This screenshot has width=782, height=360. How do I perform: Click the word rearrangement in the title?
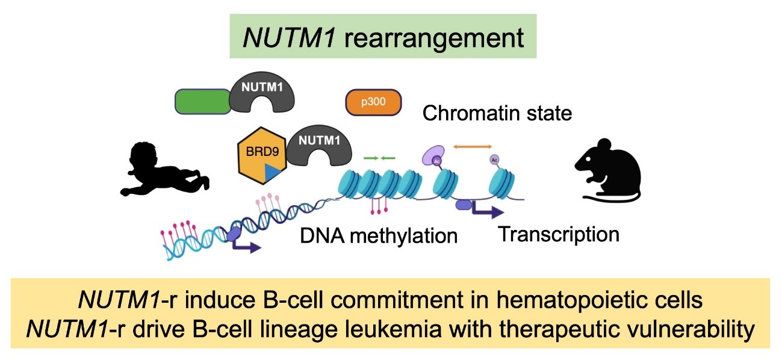point(435,39)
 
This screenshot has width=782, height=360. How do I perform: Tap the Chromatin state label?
point(497,113)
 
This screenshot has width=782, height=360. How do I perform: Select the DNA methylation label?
point(379,235)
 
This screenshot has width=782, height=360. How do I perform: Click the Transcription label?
point(558,234)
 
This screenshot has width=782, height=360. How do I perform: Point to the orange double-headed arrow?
point(473,146)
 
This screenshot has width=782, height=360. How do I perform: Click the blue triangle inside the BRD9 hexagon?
point(274,172)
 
